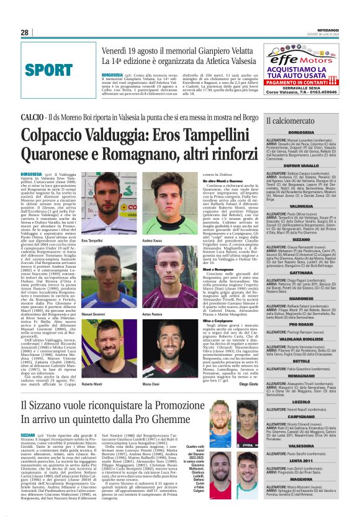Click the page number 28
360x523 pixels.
coord(25,32)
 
